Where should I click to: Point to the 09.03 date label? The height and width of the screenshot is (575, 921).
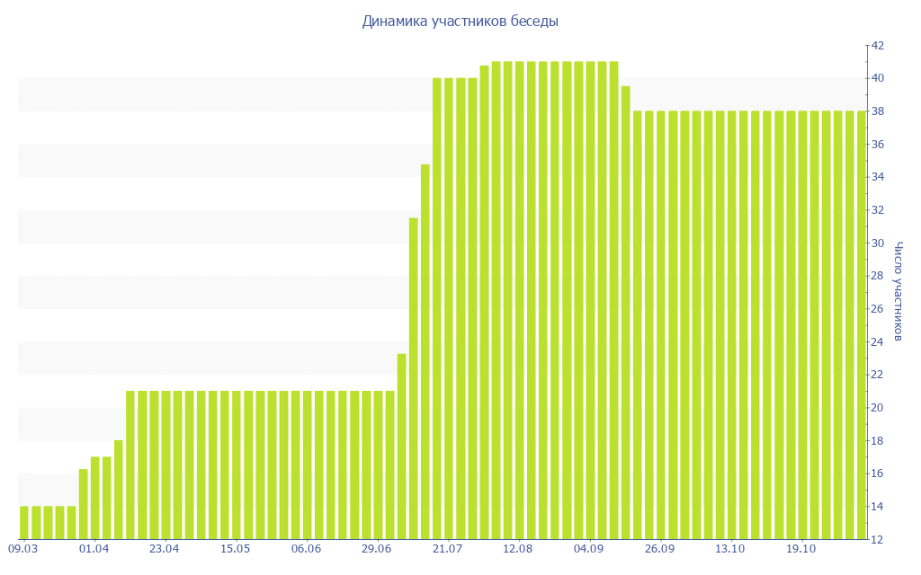click(22, 549)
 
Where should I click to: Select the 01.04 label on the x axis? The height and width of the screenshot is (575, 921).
click(94, 549)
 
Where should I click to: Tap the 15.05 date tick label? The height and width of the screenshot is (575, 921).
click(235, 549)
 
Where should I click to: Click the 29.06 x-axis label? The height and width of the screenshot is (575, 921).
click(376, 549)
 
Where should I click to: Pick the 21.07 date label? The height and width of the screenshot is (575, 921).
click(447, 549)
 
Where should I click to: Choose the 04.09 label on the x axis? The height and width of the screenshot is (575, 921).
click(588, 549)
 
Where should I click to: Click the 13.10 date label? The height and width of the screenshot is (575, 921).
click(729, 549)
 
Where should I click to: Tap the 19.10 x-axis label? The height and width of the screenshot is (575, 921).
click(800, 549)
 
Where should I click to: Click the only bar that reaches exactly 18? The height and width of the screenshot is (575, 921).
click(119, 490)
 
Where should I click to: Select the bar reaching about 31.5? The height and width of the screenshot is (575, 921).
click(414, 377)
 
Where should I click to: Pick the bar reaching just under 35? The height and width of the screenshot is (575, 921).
click(425, 350)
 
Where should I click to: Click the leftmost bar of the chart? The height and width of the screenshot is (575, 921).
click(24, 523)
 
